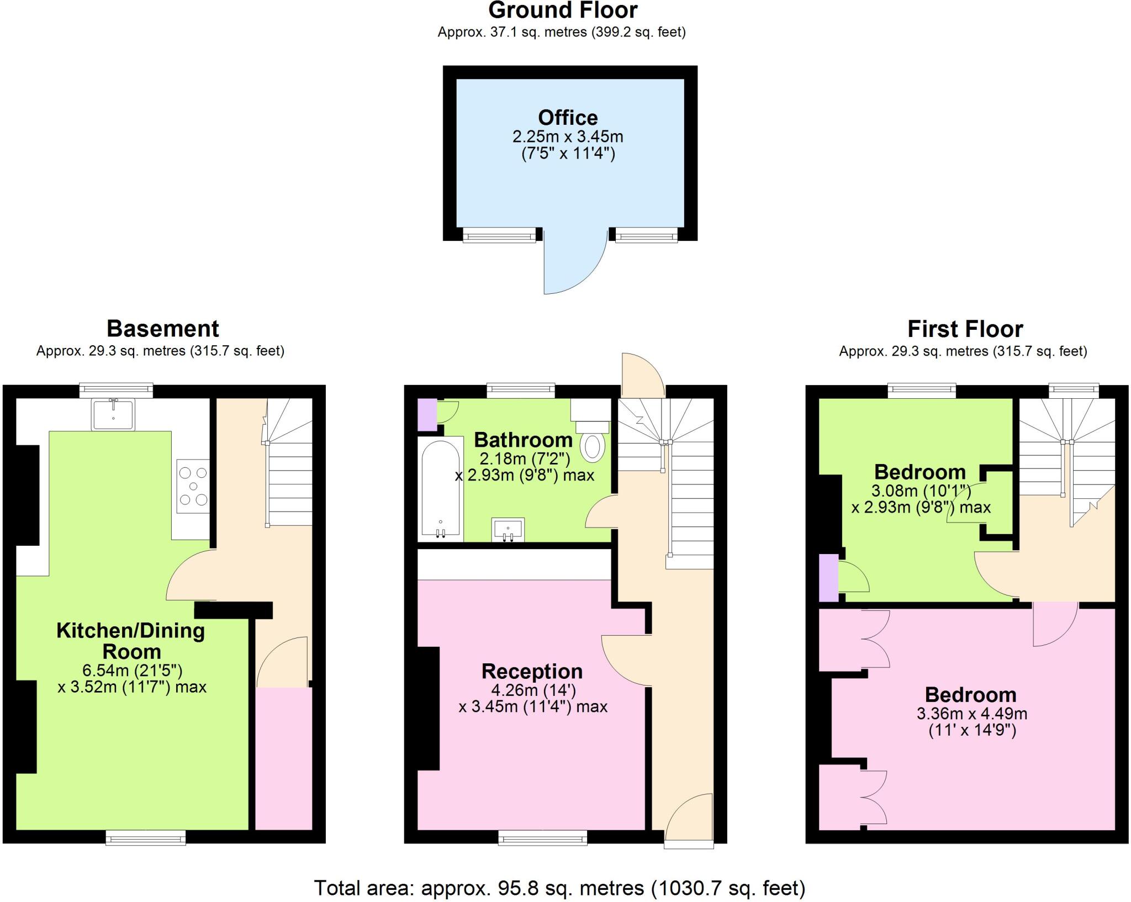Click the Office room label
(x=568, y=118)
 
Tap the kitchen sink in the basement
(x=113, y=415)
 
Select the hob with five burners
(x=193, y=486)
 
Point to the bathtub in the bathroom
(x=440, y=489)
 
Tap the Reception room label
(x=532, y=671)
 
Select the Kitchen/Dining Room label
(x=131, y=641)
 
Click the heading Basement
(x=162, y=329)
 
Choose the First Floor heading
(x=965, y=329)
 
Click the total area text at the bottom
(x=559, y=888)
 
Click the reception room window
(x=543, y=838)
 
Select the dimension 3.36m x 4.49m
(x=972, y=714)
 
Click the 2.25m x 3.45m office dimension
(x=568, y=136)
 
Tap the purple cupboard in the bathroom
(x=426, y=415)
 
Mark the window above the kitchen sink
(x=115, y=391)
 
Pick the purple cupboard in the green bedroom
(x=828, y=577)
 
